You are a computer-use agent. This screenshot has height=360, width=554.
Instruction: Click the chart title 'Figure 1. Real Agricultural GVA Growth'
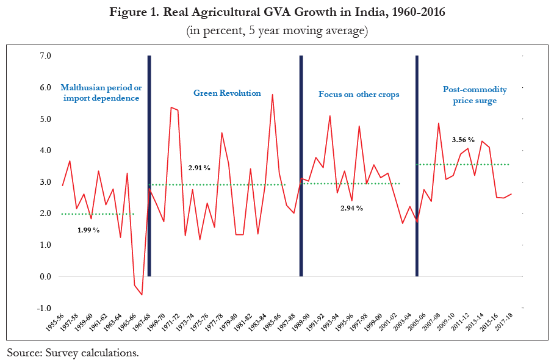click(x=276, y=12)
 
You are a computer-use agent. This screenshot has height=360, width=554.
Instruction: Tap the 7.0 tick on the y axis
click(x=45, y=56)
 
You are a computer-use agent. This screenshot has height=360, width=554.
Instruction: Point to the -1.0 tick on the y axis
click(x=45, y=308)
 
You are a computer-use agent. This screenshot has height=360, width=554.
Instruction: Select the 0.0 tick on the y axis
click(x=45, y=276)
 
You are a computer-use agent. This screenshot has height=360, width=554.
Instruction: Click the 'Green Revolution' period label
click(x=227, y=93)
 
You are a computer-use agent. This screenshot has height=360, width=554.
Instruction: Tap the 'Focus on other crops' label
click(x=359, y=95)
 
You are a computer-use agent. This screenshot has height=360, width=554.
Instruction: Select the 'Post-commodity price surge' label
click(x=475, y=95)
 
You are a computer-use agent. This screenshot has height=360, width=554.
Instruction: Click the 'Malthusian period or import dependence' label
click(x=101, y=93)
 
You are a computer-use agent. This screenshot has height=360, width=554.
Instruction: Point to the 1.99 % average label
click(x=89, y=230)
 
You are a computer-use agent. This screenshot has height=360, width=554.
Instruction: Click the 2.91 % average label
click(x=199, y=167)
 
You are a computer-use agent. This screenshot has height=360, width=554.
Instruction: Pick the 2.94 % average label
click(x=351, y=208)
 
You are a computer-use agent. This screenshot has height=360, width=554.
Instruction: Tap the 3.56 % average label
click(x=463, y=140)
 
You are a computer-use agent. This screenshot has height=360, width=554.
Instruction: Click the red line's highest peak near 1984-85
click(x=272, y=95)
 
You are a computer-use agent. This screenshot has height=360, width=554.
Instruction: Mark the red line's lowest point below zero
click(x=142, y=295)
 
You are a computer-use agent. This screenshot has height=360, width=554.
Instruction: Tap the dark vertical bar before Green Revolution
click(x=149, y=165)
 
